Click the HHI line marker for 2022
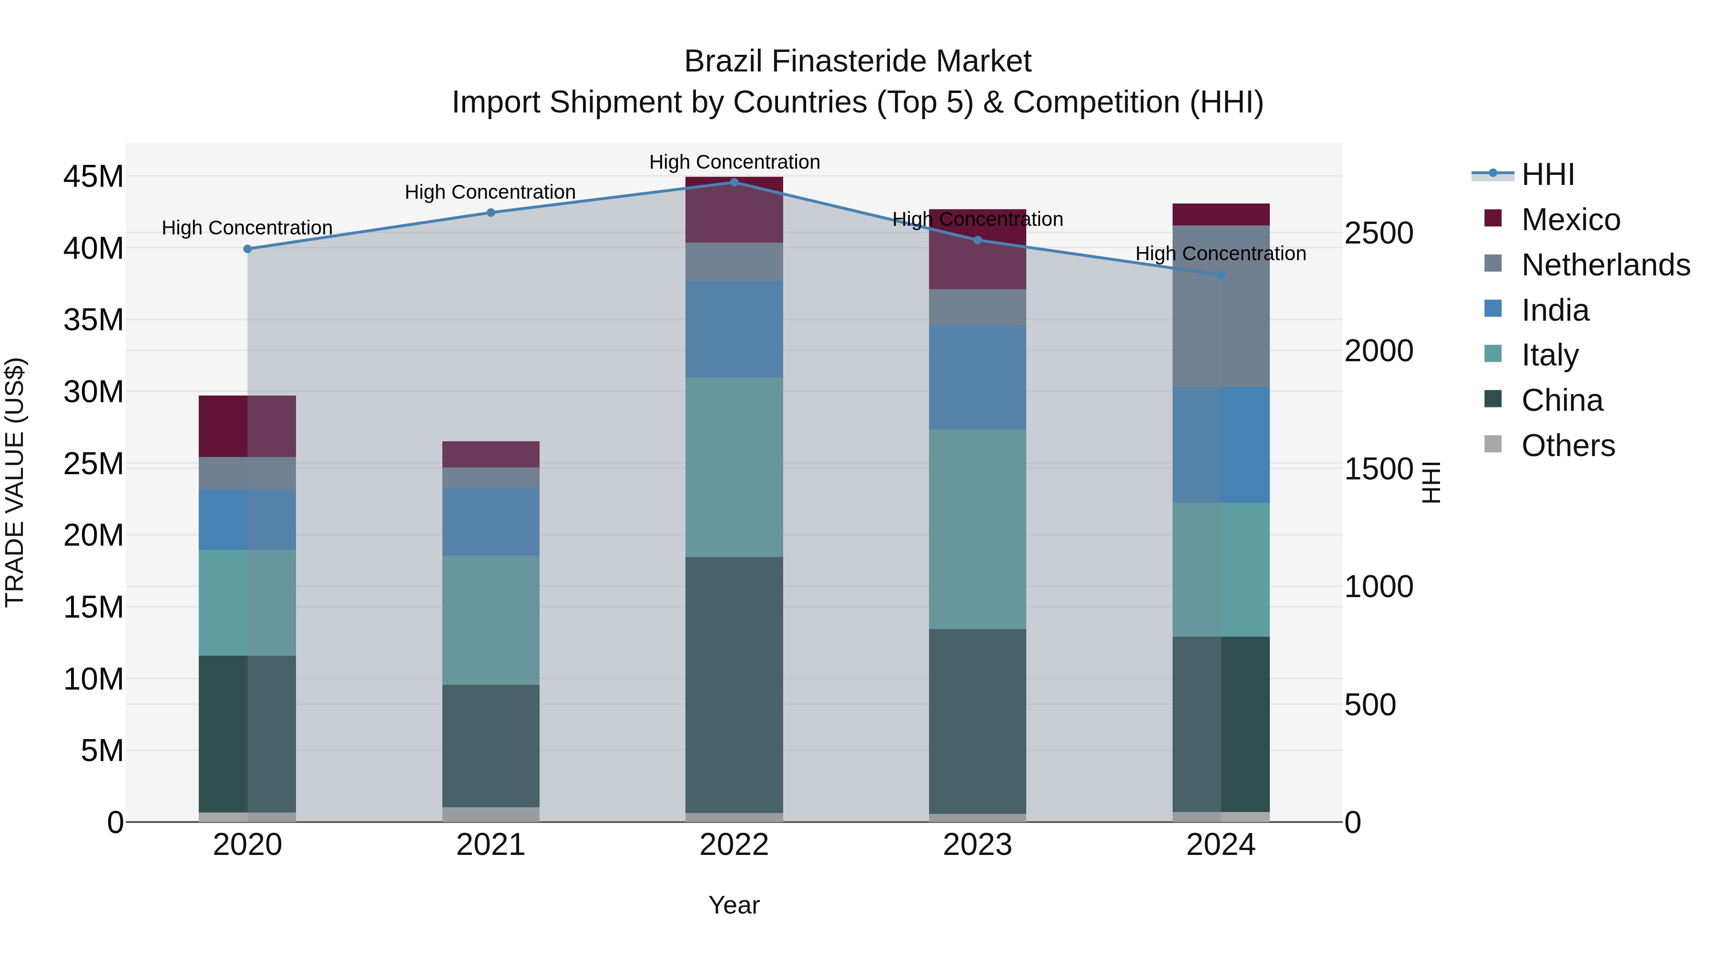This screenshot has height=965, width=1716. (x=734, y=183)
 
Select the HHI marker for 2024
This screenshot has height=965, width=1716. (x=1221, y=275)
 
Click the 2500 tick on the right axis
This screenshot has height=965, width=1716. (x=1378, y=233)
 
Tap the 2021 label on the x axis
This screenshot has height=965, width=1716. (x=491, y=845)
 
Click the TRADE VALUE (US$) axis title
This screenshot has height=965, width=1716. (x=15, y=482)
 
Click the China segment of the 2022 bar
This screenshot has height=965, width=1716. (x=734, y=685)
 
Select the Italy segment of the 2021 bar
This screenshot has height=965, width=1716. (x=491, y=620)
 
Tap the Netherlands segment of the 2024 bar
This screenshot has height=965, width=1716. (x=1221, y=306)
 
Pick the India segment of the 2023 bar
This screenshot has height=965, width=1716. (x=977, y=377)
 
